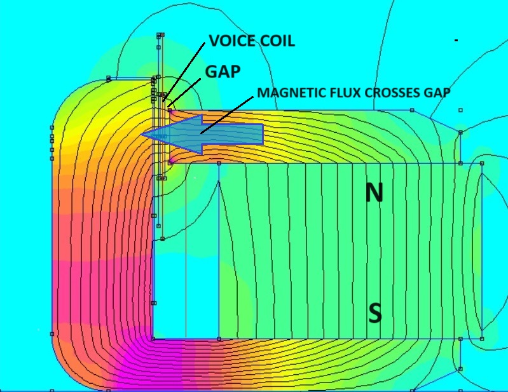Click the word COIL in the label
277,41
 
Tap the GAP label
223,72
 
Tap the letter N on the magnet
374,193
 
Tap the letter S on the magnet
375,313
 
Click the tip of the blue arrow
142,134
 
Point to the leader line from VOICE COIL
184,72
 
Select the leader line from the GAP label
184,93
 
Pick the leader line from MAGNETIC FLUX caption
227,114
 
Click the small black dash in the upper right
456,41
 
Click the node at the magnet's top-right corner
482,163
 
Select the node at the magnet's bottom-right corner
482,339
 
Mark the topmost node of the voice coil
160,35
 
